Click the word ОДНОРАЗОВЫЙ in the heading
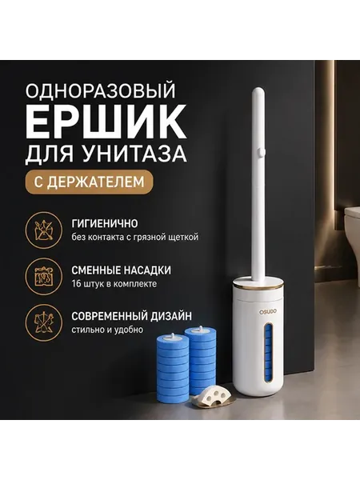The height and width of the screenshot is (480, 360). tap(101, 90)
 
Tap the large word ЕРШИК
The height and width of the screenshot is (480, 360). tap(106, 122)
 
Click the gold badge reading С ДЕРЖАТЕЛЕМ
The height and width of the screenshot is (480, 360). tap(89, 182)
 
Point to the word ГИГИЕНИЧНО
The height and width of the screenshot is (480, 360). tap(105, 224)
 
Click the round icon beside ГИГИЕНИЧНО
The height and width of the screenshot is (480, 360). tap(44, 230)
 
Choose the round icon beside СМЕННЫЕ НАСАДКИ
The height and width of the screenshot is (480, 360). tap(44, 277)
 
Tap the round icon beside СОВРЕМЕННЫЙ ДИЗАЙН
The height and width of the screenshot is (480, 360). tap(44, 323)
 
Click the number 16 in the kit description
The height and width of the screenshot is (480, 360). tap(77, 284)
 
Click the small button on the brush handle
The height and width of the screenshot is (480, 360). tap(261, 152)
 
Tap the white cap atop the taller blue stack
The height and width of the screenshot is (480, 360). tap(201, 330)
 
